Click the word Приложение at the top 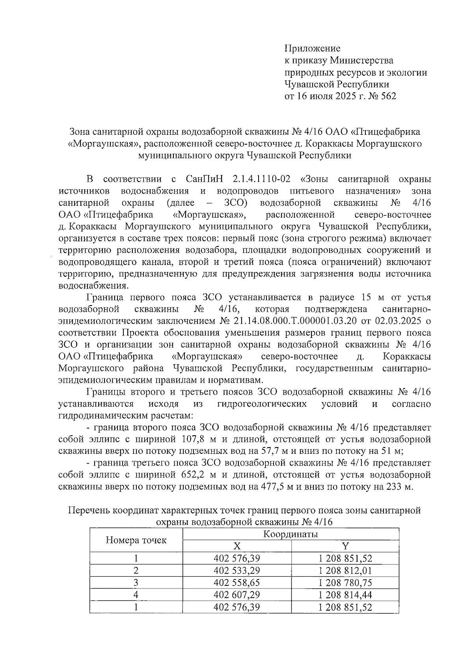(312, 49)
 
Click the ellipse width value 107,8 (193, 440)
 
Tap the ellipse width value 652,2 (193, 475)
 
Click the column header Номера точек (136, 540)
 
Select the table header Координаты (291, 535)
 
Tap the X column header (236, 546)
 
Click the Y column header (345, 546)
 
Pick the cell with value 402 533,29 (236, 570)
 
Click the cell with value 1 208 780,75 (345, 583)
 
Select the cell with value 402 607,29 (236, 594)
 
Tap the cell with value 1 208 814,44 (345, 594)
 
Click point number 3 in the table (136, 583)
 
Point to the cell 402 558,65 (236, 583)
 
